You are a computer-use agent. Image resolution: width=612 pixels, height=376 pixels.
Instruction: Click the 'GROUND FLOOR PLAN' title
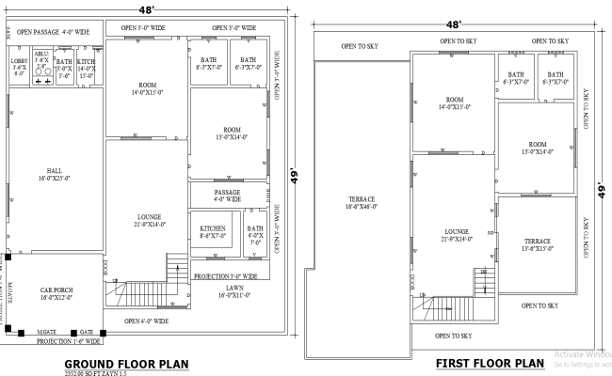tap(126, 364)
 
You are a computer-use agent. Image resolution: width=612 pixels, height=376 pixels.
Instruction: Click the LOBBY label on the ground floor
tap(19, 66)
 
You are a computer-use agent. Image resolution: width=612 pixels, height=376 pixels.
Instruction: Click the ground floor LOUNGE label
tap(149, 220)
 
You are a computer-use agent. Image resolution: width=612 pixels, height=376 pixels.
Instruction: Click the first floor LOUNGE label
tap(457, 235)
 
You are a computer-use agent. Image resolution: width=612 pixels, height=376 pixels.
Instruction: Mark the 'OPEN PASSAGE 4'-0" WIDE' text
tap(53, 32)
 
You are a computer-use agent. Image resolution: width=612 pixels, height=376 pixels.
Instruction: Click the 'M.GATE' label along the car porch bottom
tap(45, 332)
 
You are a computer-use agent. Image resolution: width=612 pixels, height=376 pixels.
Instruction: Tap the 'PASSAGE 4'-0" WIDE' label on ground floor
tap(227, 196)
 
